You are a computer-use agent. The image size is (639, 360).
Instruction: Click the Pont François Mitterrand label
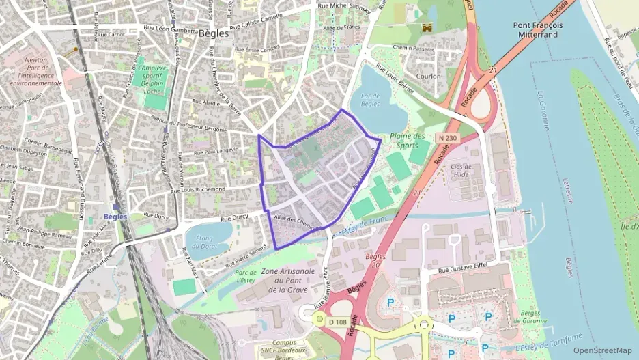point(538,30)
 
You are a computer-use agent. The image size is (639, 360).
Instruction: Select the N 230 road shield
point(447,137)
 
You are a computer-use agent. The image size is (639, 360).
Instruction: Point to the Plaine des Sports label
point(408,140)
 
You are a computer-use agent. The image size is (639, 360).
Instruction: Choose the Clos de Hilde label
point(461,171)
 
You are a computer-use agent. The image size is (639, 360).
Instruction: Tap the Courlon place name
point(428,77)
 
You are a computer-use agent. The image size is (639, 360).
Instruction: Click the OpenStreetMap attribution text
point(602,350)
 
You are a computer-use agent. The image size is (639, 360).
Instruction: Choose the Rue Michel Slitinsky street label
point(345,7)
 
